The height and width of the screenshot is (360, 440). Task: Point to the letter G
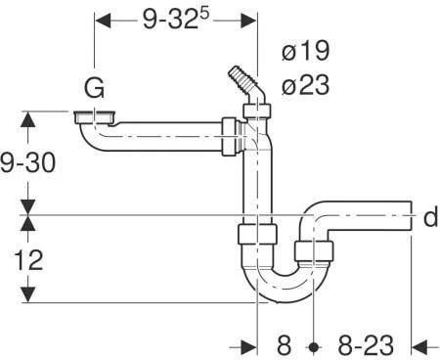(94, 89)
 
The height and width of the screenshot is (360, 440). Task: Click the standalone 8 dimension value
(284, 345)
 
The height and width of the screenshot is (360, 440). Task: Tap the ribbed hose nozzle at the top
(238, 75)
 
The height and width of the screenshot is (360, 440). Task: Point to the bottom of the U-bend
(283, 294)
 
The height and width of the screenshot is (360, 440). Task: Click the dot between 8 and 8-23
(314, 345)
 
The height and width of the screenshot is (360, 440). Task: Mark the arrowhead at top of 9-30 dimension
(28, 116)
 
